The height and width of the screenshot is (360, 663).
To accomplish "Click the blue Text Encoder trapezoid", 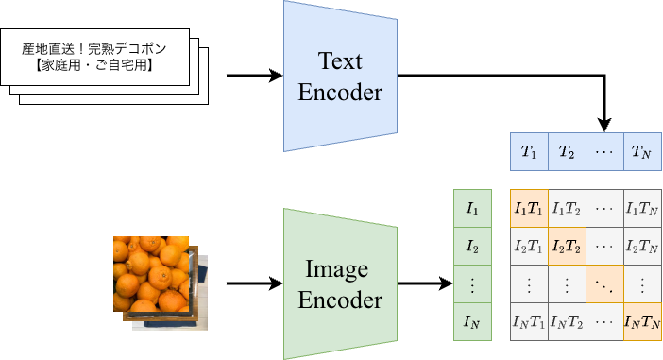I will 340,77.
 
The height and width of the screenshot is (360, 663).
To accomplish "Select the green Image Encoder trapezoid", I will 340,284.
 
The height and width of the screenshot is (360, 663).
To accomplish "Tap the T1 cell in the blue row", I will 528,151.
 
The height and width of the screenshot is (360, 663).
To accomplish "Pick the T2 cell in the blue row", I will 566,151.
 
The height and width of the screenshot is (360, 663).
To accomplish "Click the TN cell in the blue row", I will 641,151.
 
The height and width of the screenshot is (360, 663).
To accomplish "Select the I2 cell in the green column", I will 472,247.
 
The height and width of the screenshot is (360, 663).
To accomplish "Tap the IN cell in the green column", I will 472,322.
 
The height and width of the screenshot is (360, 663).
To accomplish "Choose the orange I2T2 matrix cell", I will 566,247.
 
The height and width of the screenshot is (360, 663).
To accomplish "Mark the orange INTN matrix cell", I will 641,322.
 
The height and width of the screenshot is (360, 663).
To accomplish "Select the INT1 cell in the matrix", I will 528,322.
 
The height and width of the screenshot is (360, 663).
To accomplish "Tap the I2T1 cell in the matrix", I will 528,247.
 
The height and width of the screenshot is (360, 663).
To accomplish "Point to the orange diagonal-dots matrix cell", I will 603,284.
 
